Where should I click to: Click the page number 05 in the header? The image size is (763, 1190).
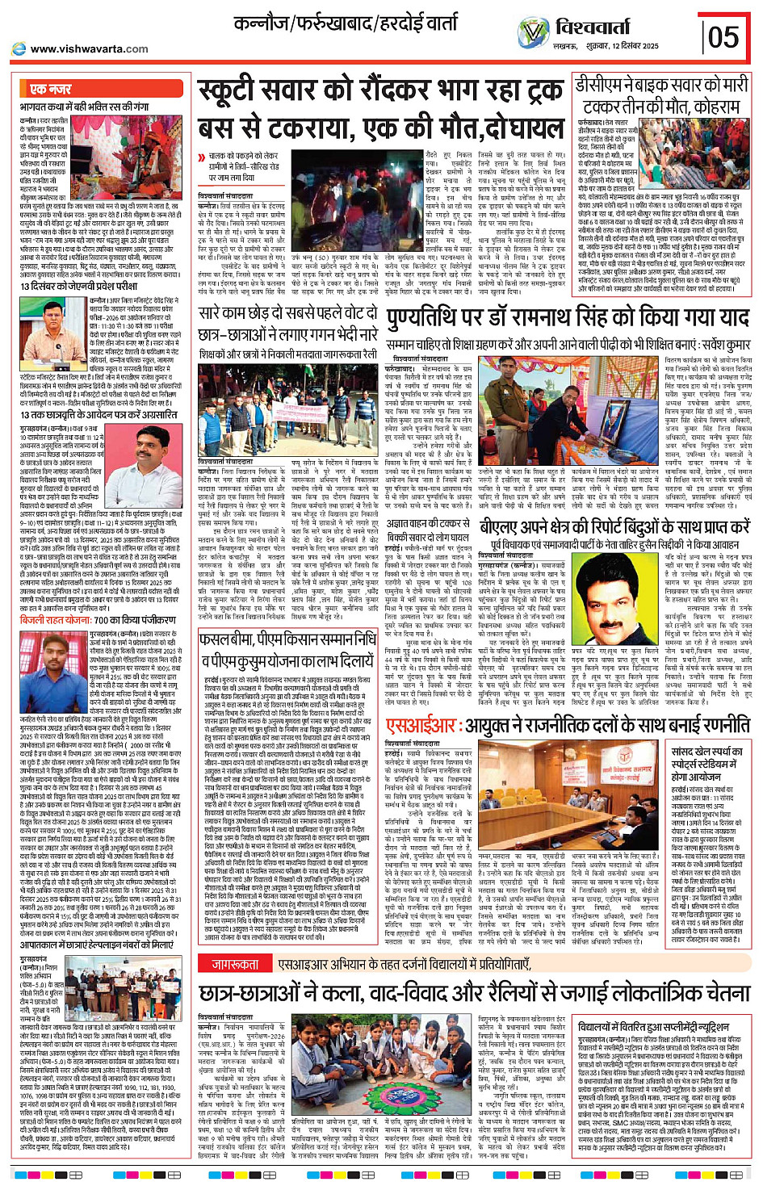point(723,36)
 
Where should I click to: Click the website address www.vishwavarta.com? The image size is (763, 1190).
point(89,48)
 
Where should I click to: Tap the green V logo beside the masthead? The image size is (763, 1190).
point(533,33)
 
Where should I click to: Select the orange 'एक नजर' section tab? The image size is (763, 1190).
point(50,89)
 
